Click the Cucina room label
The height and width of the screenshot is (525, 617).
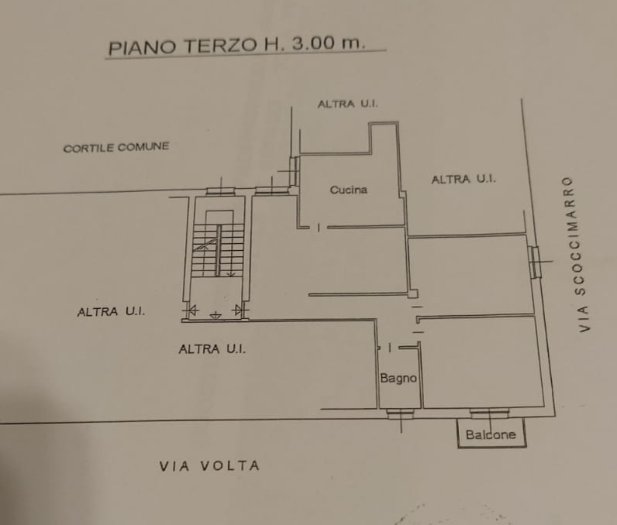point(349,190)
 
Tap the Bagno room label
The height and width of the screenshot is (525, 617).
point(398,378)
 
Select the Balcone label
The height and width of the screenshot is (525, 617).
point(491,434)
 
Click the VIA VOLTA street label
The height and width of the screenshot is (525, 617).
point(209,465)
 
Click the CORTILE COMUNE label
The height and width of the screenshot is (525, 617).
point(116,147)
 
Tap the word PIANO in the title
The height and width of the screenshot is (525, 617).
point(142,47)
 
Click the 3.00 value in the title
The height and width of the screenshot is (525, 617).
point(313,43)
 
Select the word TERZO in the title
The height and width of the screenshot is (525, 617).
point(222,45)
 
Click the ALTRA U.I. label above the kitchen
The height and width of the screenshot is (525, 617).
point(347,104)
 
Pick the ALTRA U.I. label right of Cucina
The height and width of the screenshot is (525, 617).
point(464,179)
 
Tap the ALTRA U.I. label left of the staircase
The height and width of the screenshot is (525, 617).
point(111,311)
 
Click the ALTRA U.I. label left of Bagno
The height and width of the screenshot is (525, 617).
point(212,348)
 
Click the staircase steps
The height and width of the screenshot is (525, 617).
point(218,250)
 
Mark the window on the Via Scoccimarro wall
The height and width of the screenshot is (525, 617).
point(534,262)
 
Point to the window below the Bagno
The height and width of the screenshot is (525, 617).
point(400,413)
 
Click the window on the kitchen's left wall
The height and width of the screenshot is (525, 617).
point(295,171)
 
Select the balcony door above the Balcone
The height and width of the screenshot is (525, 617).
point(489,413)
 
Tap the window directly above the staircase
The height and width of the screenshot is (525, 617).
point(220,192)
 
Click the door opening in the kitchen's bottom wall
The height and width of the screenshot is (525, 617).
point(319,227)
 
